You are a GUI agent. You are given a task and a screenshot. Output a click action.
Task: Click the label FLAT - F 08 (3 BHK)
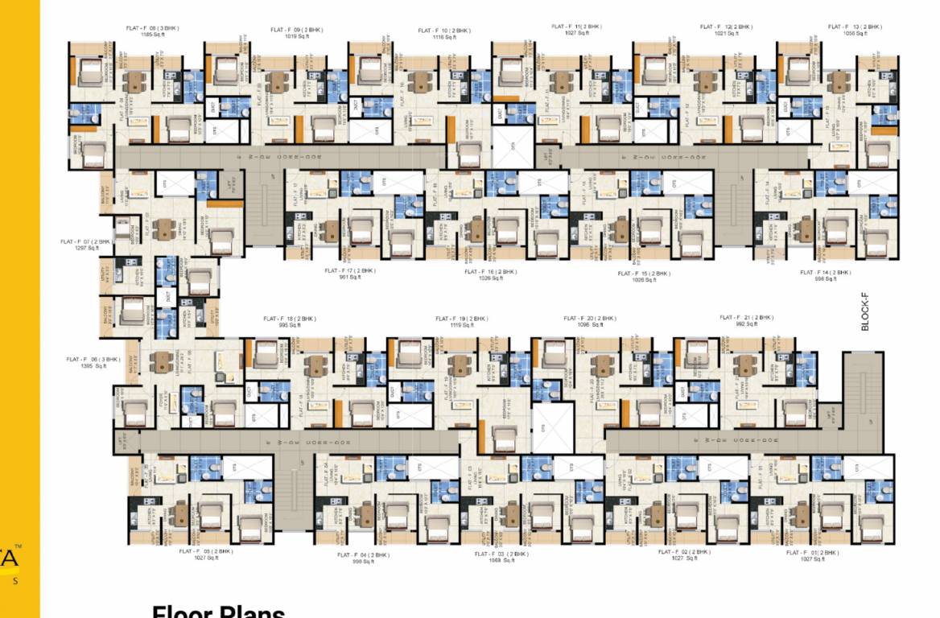click(x=152, y=29)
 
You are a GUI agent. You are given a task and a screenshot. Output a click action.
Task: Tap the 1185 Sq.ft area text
click(x=152, y=35)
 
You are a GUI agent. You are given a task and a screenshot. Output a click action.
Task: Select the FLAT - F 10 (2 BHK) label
click(x=444, y=31)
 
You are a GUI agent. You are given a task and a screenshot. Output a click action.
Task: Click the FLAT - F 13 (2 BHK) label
click(x=855, y=27)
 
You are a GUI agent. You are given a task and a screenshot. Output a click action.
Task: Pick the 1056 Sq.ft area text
click(x=855, y=33)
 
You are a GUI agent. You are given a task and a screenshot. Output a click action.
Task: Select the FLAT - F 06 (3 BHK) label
click(x=93, y=360)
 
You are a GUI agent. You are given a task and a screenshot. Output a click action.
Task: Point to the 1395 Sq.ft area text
click(x=93, y=366)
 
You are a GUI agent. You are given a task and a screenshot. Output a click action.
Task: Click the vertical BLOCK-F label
click(x=866, y=311)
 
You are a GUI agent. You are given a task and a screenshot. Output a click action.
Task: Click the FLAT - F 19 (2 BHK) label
click(x=461, y=319)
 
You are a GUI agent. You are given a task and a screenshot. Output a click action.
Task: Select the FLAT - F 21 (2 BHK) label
click(x=746, y=317)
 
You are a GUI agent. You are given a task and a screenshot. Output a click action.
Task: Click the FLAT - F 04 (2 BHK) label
click(x=363, y=555)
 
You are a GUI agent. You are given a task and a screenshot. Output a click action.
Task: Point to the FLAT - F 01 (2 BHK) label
click(x=813, y=553)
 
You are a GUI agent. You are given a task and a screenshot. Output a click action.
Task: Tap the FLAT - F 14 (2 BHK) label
click(x=826, y=273)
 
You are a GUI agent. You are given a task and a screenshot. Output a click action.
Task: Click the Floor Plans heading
click(x=218, y=613)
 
